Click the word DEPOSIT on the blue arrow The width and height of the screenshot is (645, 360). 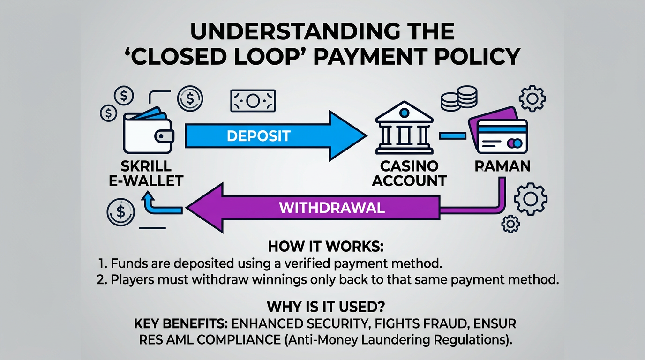[259, 136]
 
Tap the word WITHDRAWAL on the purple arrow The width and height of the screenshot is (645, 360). [332, 207]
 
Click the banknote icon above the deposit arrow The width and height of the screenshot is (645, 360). [253, 101]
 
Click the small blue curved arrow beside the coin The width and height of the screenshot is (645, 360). [150, 205]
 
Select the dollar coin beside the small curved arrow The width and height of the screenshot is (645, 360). [120, 211]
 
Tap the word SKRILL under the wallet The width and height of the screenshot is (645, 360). [146, 166]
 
